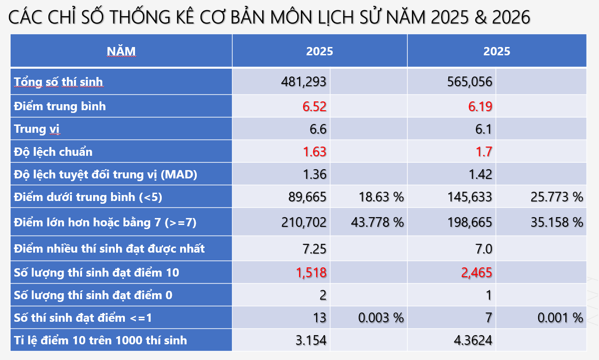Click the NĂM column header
coord(121,51)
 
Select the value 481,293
coord(304,82)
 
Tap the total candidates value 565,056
coord(470,82)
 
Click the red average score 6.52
coord(314,106)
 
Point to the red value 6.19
coord(480,106)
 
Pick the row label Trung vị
coord(37,129)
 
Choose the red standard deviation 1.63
coord(314,152)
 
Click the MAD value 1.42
coord(481,174)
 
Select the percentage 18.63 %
coord(381,197)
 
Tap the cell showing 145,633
coord(470,197)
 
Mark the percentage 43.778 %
coord(377,222)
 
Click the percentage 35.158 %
coord(557,222)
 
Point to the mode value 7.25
coord(314,249)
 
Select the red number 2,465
coord(476,272)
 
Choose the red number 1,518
coord(311,272)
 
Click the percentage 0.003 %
coord(381,318)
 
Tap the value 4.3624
coord(473,341)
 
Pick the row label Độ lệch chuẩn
coord(53,152)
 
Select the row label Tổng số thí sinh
coord(59,82)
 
